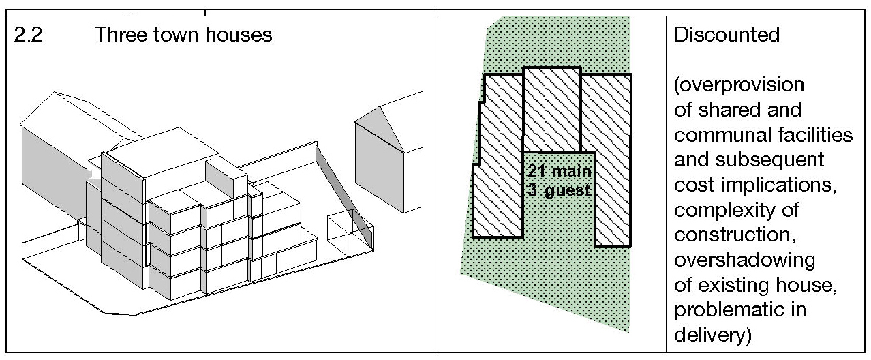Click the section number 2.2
28,35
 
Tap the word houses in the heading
239,34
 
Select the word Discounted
727,34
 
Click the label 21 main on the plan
560,171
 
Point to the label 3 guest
560,190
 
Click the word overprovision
739,85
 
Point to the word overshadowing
745,260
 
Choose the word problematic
731,310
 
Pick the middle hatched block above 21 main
552,110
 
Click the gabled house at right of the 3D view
389,155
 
